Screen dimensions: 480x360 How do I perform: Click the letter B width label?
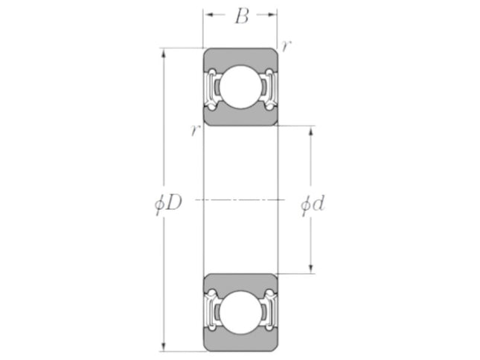(242, 16)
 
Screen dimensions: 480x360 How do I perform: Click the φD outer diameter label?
(168, 203)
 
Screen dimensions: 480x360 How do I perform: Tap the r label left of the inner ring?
(195, 131)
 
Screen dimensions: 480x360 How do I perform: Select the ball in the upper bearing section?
(240, 87)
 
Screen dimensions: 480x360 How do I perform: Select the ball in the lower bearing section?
(240, 312)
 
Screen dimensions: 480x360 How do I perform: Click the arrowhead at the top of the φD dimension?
(164, 53)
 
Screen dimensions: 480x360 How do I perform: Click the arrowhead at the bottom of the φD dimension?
(164, 347)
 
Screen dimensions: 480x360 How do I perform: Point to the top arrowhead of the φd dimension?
(311, 130)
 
